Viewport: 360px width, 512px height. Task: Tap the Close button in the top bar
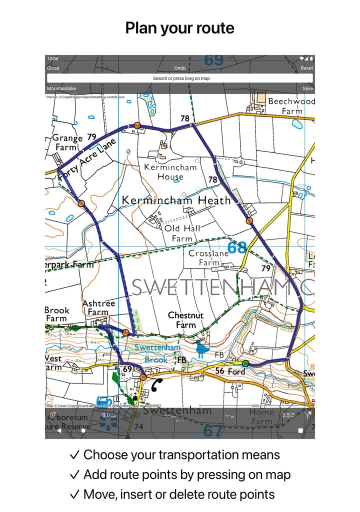pyautogui.click(x=53, y=68)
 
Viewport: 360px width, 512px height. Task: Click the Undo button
pyautogui.click(x=180, y=68)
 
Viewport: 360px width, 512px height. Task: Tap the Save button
pyautogui.click(x=307, y=88)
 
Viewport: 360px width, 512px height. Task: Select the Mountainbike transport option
pyautogui.click(x=61, y=88)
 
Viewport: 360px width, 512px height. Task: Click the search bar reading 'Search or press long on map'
pyautogui.click(x=180, y=78)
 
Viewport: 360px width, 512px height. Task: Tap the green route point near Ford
pyautogui.click(x=245, y=363)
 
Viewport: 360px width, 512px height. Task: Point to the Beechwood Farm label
pyautogui.click(x=291, y=106)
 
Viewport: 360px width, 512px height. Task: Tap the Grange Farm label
pyautogui.click(x=67, y=142)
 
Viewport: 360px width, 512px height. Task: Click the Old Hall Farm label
pyautogui.click(x=182, y=233)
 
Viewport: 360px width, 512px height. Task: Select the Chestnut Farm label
pyautogui.click(x=185, y=320)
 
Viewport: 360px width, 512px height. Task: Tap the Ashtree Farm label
pyautogui.click(x=98, y=307)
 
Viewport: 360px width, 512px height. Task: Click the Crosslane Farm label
pyautogui.click(x=208, y=257)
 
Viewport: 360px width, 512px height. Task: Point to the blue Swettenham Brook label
pyautogui.click(x=150, y=353)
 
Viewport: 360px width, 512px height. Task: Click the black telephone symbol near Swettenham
pyautogui.click(x=157, y=384)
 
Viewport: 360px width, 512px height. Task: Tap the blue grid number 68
pyautogui.click(x=236, y=247)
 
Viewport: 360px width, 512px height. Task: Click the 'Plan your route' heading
pyautogui.click(x=180, y=28)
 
